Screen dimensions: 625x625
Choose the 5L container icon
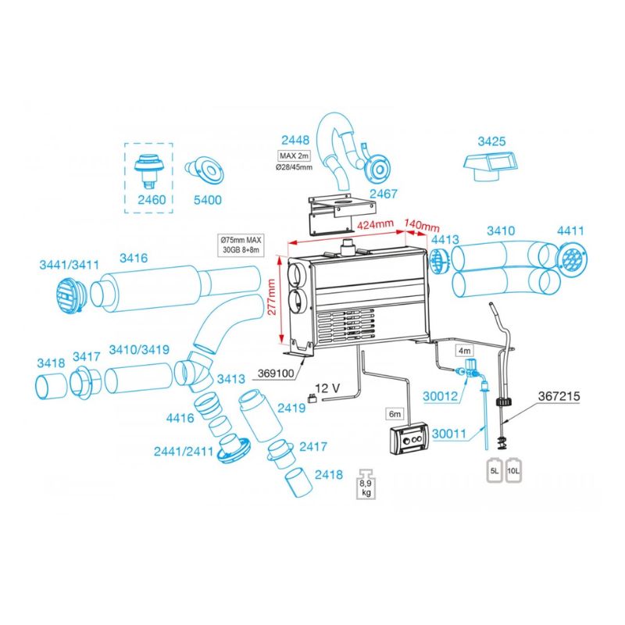494,471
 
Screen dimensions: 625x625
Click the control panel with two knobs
410,442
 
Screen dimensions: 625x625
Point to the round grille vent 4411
572,258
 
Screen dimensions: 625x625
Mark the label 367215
559,395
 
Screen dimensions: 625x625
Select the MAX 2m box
292,155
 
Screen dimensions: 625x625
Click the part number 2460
152,200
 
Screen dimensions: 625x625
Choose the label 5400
208,200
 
